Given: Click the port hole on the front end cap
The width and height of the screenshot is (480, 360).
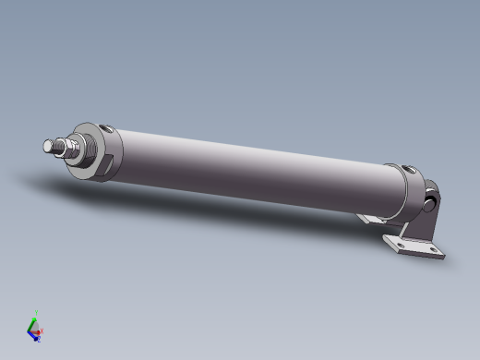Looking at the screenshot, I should [x=109, y=129].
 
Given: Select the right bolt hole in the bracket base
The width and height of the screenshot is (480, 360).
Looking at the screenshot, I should [x=431, y=251].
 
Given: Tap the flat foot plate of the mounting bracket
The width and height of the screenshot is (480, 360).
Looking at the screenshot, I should [x=416, y=247].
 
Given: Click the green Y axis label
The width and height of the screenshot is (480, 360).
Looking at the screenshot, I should [x=35, y=312].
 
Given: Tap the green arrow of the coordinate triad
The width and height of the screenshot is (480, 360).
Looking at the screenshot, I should [x=33, y=320].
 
